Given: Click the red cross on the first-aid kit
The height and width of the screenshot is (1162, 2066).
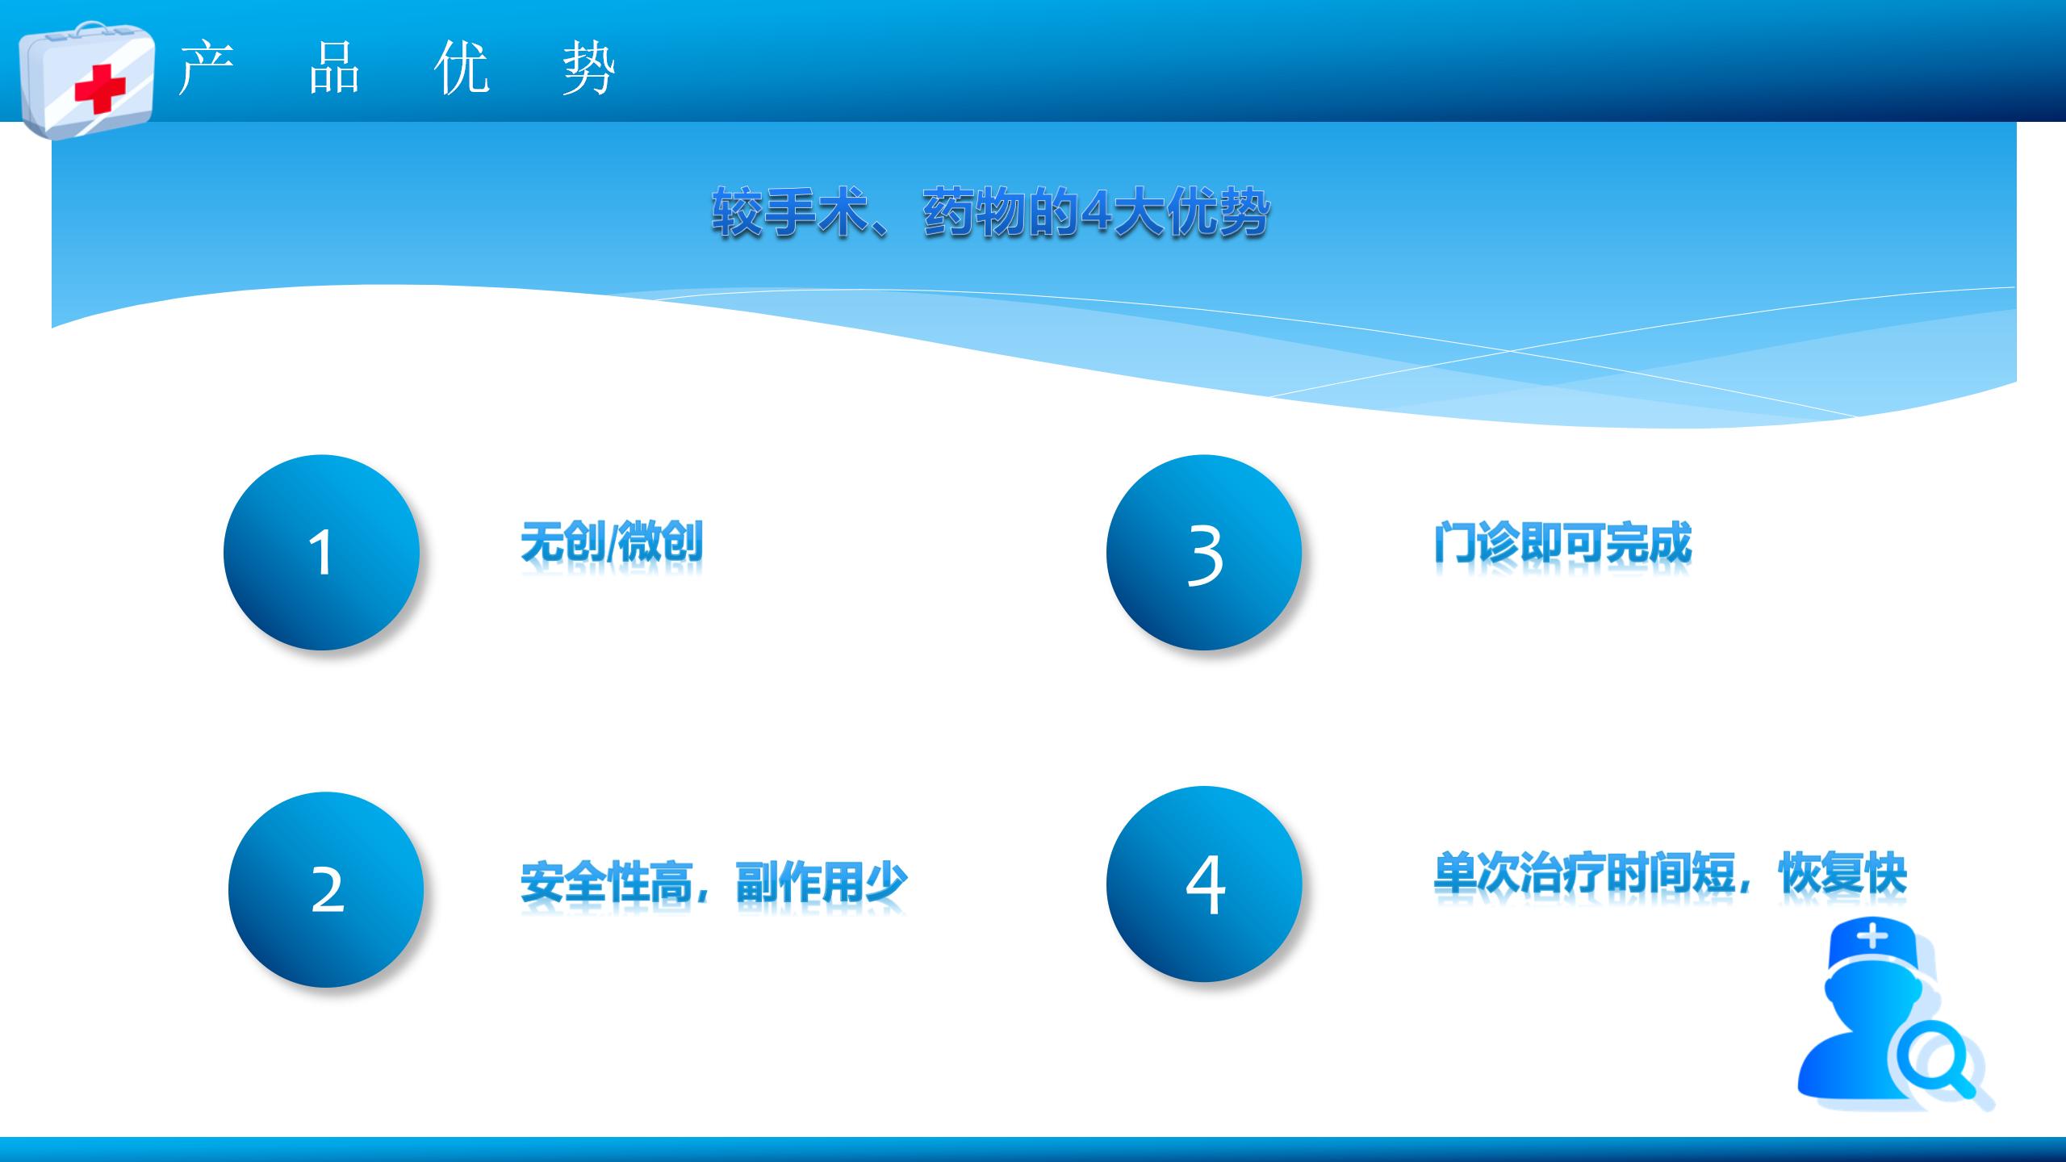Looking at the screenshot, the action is pos(100,89).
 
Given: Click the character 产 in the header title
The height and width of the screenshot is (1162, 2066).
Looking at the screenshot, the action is pos(207,68).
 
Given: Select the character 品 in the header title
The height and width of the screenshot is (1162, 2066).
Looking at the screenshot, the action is pos(334,68).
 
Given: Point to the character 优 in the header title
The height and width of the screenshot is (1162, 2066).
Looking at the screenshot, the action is pos(462,68).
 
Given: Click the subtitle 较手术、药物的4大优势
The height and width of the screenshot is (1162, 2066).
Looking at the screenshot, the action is pos(990,212).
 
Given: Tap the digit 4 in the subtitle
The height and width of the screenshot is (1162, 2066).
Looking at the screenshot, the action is pos(1094,213).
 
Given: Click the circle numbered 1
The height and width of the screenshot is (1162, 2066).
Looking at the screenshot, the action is pos(321,552).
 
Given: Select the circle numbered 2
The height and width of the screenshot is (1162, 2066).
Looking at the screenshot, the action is pos(326,889).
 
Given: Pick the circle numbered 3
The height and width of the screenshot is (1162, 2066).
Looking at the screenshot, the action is pos(1204,552).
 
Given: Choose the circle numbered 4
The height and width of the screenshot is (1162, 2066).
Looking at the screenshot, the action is pos(1204,884).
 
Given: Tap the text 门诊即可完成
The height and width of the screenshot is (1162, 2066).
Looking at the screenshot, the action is pos(1562,542).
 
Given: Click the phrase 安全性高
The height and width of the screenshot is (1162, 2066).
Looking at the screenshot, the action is pos(606,882).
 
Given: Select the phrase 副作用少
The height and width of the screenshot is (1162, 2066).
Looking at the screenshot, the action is pos(822,882).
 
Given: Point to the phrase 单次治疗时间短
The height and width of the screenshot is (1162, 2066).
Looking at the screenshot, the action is pos(1583,872).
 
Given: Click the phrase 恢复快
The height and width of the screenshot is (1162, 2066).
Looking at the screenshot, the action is pos(1842,872).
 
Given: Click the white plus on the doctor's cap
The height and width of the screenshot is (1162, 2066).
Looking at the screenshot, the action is pos(1872,937).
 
